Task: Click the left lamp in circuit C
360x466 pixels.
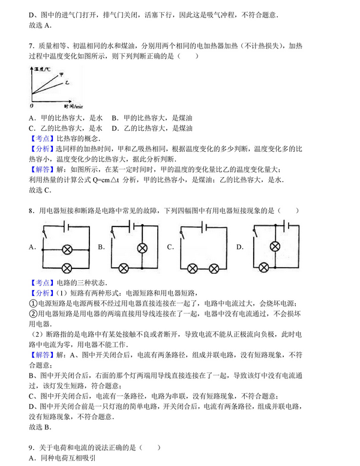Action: click(x=193, y=267)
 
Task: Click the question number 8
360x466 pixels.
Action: click(x=31, y=211)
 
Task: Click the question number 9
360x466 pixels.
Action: click(x=31, y=447)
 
